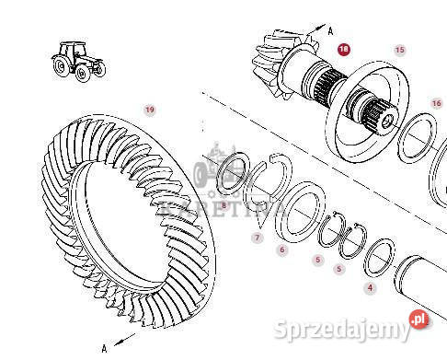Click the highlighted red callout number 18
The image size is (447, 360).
click(x=344, y=50)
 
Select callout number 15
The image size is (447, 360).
click(x=399, y=50)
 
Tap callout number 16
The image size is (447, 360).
click(x=437, y=103)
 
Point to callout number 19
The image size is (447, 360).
click(x=150, y=110)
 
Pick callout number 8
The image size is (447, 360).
click(x=223, y=205)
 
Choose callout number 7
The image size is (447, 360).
click(x=258, y=238)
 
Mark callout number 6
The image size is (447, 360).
click(x=282, y=250)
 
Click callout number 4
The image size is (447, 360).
click(x=371, y=288)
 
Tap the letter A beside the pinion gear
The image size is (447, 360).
click(x=331, y=29)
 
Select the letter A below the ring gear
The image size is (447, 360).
click(x=105, y=347)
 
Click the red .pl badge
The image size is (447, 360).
click(x=419, y=319)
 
